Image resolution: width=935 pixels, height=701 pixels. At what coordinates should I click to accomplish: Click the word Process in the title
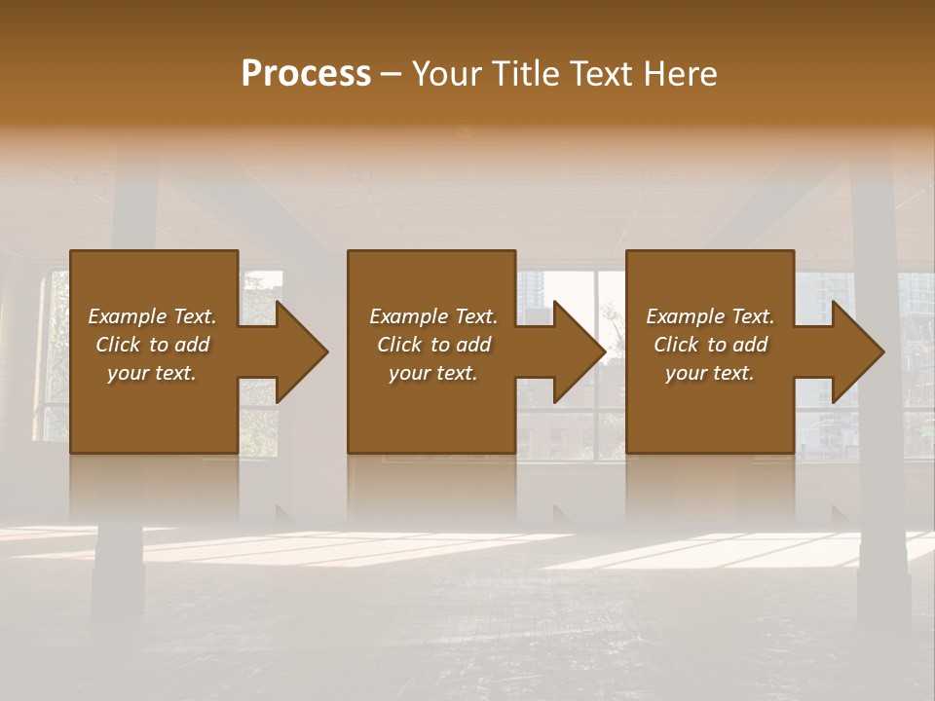coord(306,74)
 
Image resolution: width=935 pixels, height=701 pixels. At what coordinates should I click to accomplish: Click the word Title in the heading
coord(522,74)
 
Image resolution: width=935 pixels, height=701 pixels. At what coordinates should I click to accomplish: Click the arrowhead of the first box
coord(301,351)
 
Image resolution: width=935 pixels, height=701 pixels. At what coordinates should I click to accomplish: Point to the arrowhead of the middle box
coord(579,351)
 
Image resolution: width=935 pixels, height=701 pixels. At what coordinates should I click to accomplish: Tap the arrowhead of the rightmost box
coord(857,351)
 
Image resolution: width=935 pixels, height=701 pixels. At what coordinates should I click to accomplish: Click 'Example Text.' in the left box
coord(152,316)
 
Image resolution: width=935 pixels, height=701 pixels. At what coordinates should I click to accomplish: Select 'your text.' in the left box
coord(152,373)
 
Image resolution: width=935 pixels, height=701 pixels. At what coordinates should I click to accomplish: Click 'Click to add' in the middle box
coord(433,345)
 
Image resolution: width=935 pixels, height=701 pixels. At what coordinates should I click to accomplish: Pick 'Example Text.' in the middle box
coord(433,316)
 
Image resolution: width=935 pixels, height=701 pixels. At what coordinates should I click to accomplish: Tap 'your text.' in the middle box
coord(433,373)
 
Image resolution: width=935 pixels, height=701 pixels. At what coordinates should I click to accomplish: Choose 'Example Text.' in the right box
coord(710,316)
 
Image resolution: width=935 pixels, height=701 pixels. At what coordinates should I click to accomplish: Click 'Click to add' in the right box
coord(710,345)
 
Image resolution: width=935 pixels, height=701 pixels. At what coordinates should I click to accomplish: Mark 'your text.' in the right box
coord(710,373)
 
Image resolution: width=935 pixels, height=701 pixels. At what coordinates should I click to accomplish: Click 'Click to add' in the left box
coord(152,345)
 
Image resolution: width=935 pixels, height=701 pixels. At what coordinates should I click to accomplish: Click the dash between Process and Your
coord(391,75)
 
